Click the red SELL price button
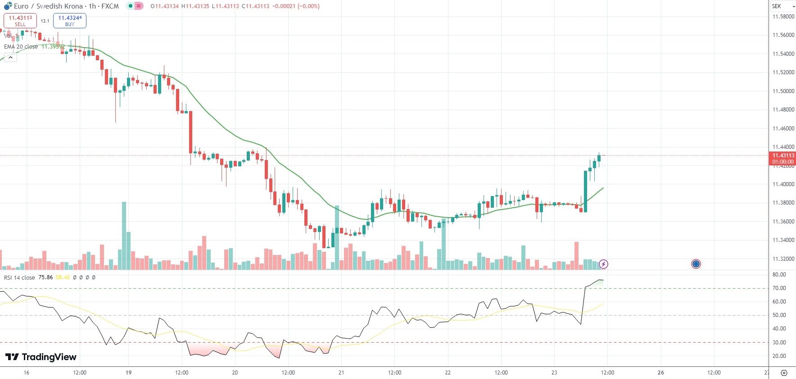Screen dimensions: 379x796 (20, 21)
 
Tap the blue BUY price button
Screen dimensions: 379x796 (70, 21)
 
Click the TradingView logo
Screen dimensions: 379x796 (41, 357)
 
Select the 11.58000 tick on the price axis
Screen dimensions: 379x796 (783, 17)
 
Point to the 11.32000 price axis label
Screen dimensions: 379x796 (783, 259)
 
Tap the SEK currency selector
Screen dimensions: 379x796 (782, 6)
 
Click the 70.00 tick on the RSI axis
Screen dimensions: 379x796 (779, 288)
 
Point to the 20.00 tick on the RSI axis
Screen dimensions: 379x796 (779, 356)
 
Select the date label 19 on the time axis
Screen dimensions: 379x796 (129, 373)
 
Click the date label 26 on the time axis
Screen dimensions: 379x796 (660, 373)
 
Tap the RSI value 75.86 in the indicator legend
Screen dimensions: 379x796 (45, 277)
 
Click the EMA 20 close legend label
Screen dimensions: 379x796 (21, 47)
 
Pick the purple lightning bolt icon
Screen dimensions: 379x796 (603, 264)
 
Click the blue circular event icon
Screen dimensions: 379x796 (696, 264)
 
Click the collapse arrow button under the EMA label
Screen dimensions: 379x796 (10, 58)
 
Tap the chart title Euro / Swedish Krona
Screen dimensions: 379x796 (48, 6)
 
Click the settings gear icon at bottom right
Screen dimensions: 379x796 (784, 373)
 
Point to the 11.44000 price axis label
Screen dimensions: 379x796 (783, 147)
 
